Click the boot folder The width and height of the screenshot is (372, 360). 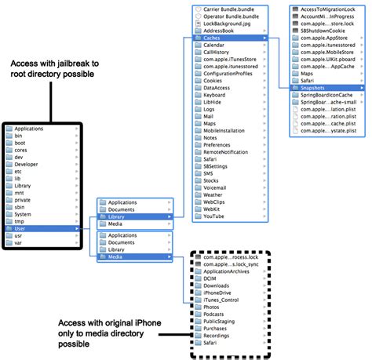pos(21,143)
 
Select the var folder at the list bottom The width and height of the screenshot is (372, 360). pos(20,242)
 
